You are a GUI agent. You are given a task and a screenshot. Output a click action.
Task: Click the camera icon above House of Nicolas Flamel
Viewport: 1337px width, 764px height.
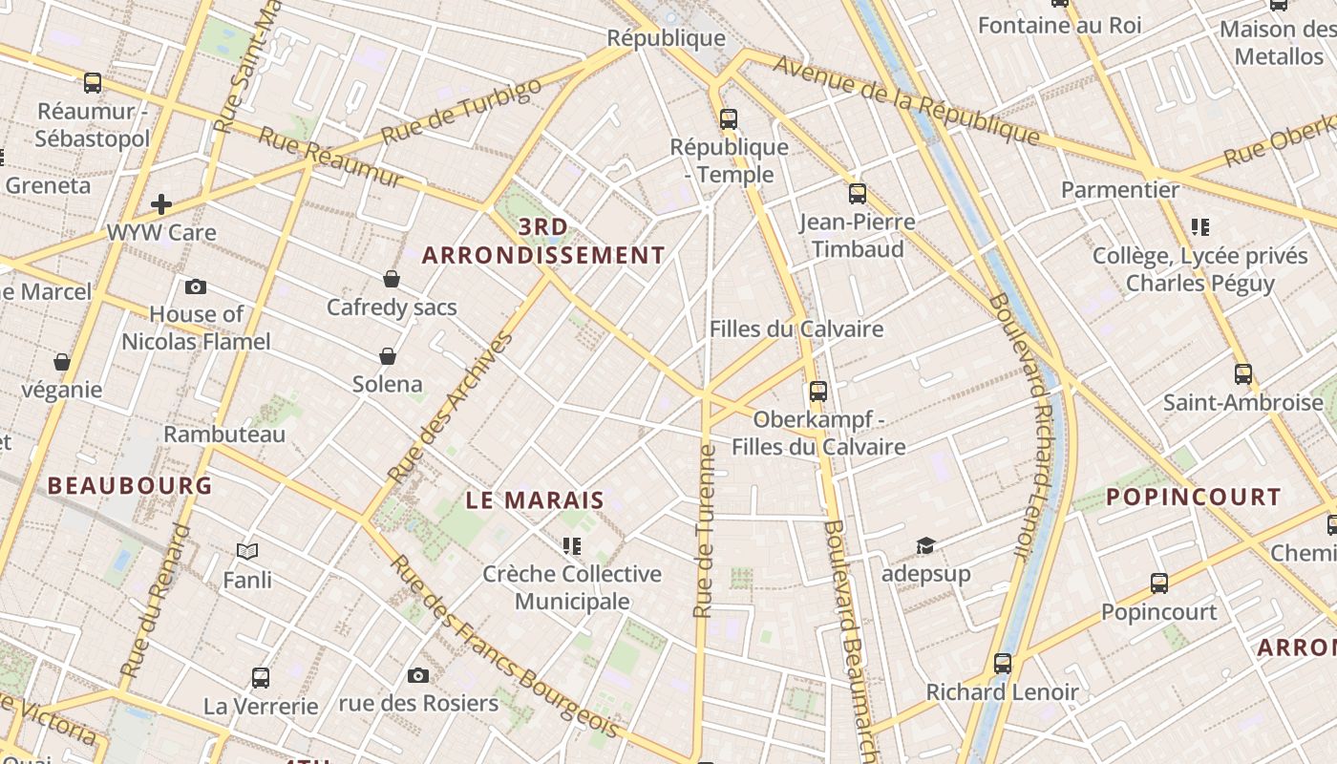[x=196, y=286]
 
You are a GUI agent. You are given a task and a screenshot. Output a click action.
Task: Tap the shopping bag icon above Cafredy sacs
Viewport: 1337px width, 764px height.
[x=392, y=279]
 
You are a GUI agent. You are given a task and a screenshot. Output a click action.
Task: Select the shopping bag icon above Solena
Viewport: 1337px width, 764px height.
[x=388, y=356]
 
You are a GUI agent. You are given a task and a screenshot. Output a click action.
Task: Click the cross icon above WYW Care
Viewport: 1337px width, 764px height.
[x=161, y=203]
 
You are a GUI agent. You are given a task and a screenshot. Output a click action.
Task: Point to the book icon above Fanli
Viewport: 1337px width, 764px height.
[x=247, y=551]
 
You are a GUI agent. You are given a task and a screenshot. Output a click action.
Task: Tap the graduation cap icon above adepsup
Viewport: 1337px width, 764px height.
[x=925, y=545]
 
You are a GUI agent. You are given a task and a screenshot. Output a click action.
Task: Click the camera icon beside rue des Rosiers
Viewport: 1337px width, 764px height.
[x=417, y=675]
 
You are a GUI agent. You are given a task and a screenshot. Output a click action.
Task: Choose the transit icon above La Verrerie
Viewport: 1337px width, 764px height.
[x=261, y=678]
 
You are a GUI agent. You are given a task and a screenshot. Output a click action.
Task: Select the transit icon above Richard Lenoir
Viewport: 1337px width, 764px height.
[x=1003, y=664]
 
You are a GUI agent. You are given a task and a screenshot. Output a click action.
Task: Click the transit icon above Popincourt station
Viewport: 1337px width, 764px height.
[x=1159, y=583]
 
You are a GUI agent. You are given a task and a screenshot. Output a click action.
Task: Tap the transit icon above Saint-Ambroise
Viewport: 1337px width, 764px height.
[x=1243, y=374]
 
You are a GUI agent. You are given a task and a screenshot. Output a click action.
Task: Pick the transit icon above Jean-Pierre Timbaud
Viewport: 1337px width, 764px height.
[x=858, y=194]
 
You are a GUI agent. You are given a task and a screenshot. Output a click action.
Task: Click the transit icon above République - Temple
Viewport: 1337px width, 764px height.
[x=729, y=119]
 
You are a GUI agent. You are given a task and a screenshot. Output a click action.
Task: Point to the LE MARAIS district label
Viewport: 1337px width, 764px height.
[x=535, y=499]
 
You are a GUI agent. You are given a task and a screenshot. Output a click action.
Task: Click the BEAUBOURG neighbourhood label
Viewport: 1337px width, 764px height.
[x=130, y=485]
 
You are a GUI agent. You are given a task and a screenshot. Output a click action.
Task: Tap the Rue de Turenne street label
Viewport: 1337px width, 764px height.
[x=705, y=531]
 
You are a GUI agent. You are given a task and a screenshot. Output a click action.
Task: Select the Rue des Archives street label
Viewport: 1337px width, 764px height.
[x=452, y=406]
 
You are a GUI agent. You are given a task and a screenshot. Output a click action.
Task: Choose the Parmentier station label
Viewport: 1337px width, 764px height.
[x=1120, y=189]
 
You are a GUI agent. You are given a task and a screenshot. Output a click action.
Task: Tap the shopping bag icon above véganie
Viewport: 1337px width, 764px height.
[x=62, y=362]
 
